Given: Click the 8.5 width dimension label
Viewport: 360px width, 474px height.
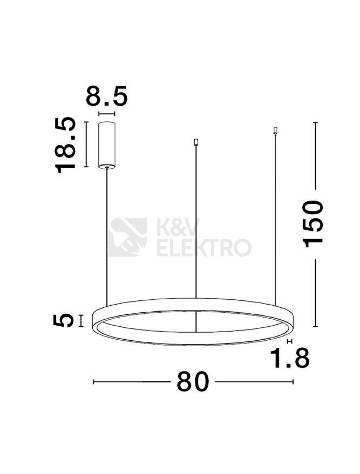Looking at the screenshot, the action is [107, 96].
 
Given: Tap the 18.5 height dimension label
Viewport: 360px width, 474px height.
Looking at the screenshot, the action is [65, 145].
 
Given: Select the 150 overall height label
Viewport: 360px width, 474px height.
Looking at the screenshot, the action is [313, 224].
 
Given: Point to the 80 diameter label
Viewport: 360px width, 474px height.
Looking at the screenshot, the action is [193, 381].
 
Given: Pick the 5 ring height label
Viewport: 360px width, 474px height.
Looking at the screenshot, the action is [63, 320].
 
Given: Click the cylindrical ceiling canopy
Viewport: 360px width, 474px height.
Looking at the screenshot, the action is [106, 145].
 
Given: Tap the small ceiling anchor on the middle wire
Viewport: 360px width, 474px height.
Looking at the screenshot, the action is [196, 142].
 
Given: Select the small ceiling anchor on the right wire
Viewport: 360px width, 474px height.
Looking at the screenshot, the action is [275, 130].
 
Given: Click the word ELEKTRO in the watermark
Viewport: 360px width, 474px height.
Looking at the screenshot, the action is [204, 248].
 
